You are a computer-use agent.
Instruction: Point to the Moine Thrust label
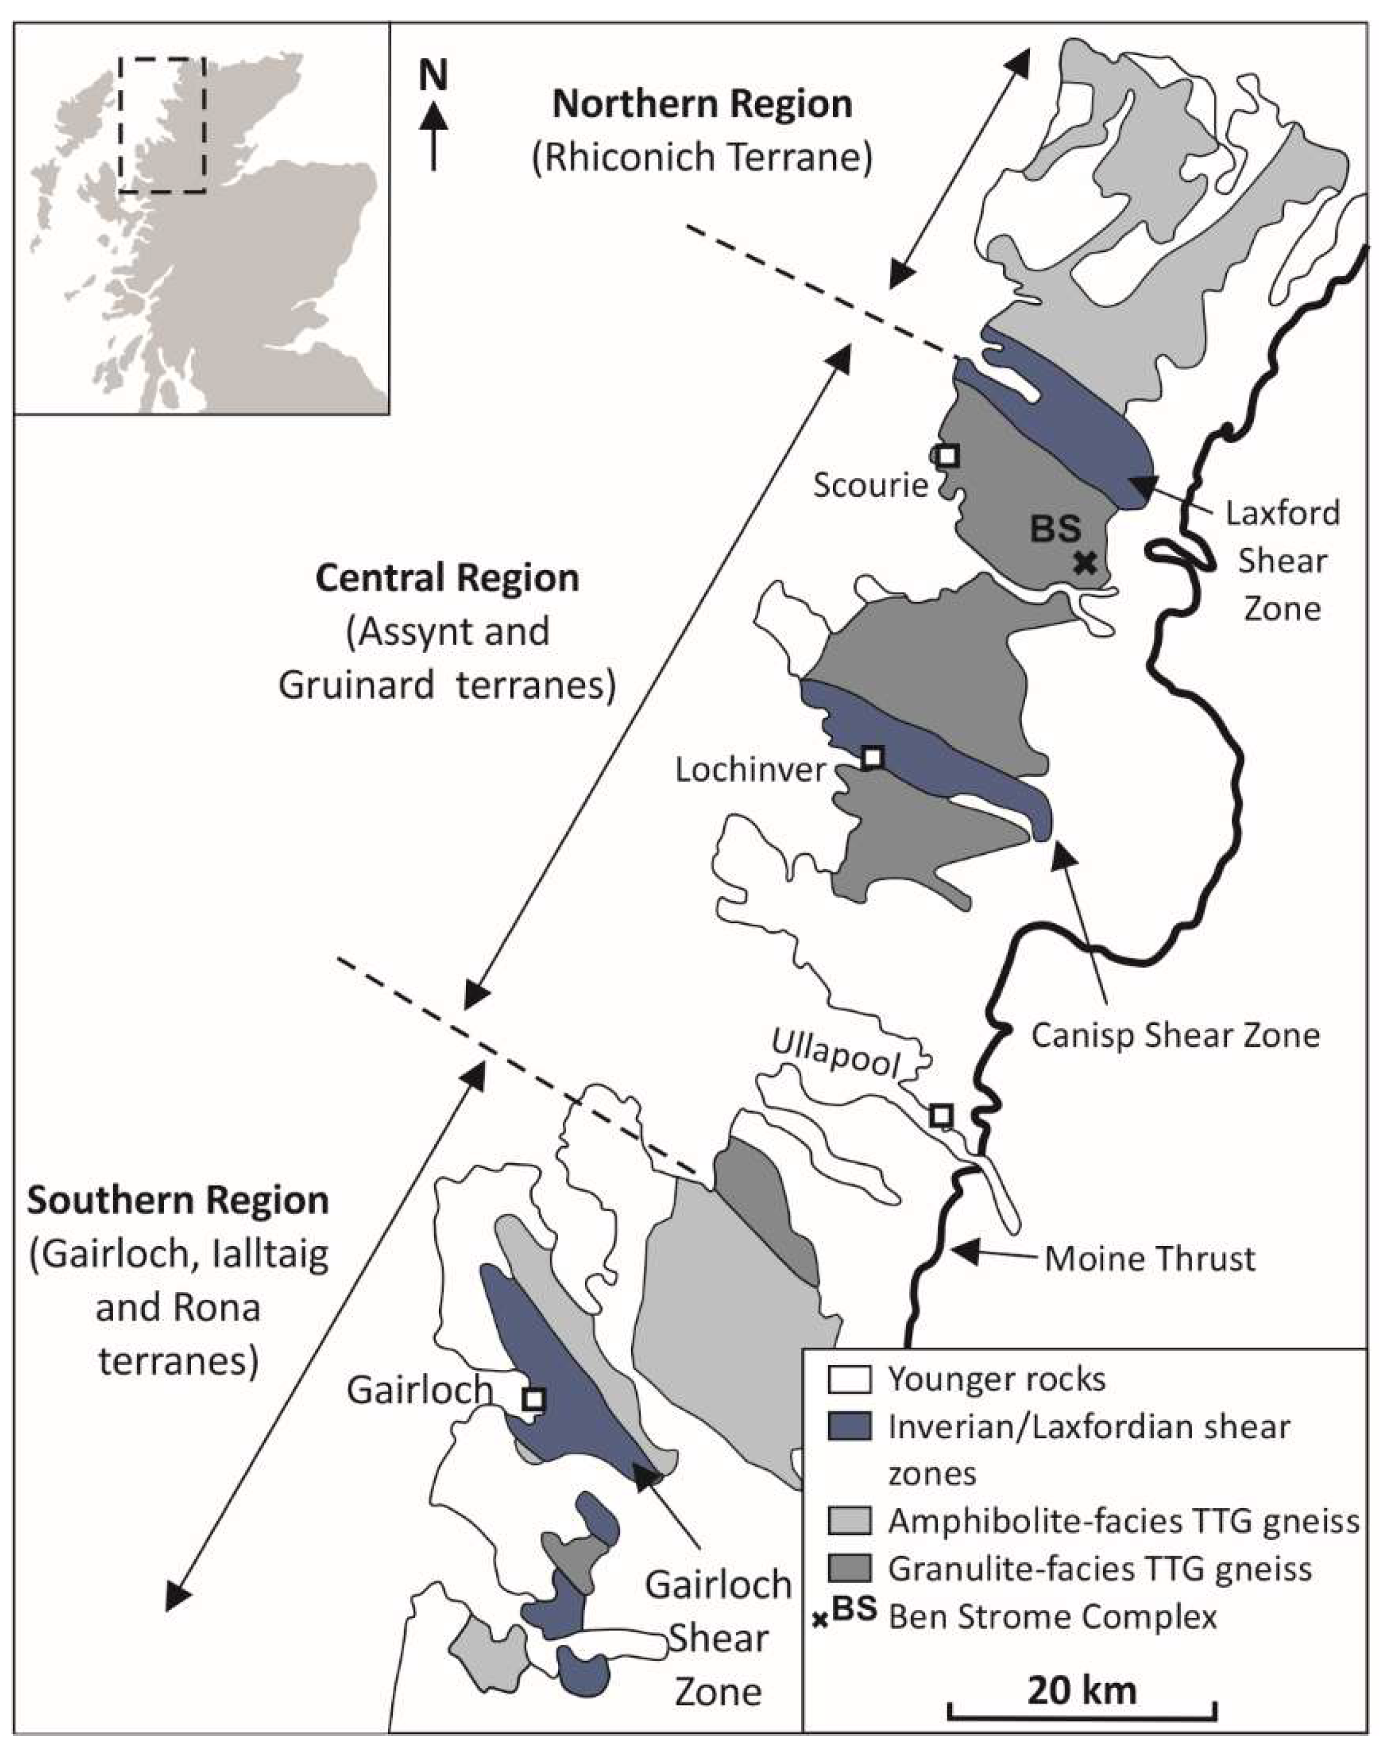(x=1149, y=1258)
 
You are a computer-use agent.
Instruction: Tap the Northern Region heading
(x=702, y=105)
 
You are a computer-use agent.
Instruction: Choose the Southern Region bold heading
(x=178, y=1200)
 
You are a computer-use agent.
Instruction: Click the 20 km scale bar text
(x=1083, y=1690)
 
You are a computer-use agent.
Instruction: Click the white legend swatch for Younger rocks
(x=849, y=1379)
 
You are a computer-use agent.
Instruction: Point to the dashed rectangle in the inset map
(x=162, y=125)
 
